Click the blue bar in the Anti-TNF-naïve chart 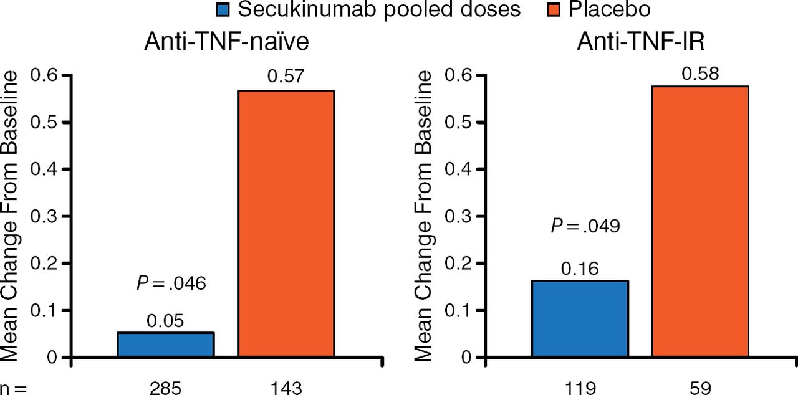coord(166,345)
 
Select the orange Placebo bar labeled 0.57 coord(286,224)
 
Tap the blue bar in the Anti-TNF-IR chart coord(579,318)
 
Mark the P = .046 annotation coord(171,283)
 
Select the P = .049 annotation coord(585,226)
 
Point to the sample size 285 coord(165,387)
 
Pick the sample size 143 coord(286,387)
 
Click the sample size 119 coord(579,387)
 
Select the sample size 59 coord(700,387)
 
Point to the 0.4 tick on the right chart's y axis coord(459,169)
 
